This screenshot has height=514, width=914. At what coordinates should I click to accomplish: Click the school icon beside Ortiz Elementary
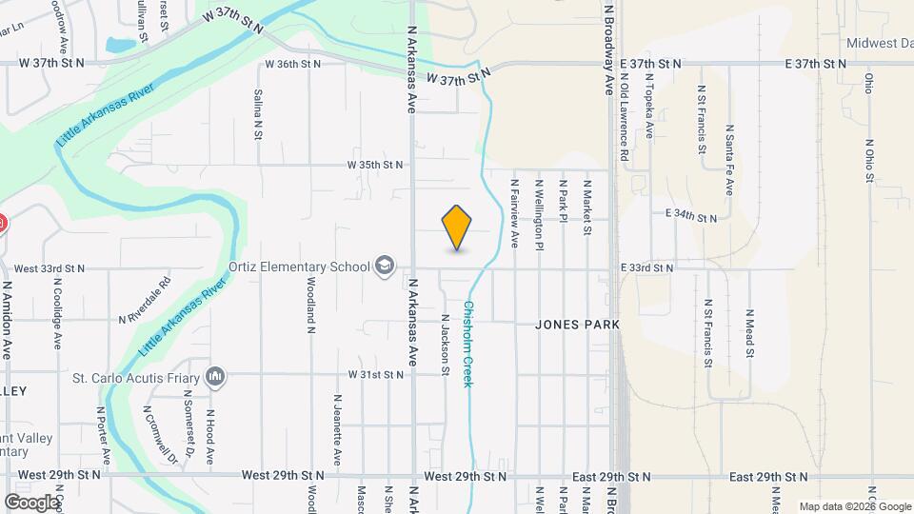coord(385,266)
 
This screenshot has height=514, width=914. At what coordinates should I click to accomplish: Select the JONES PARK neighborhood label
coord(577,325)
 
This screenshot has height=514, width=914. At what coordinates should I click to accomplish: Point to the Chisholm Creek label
coord(468,344)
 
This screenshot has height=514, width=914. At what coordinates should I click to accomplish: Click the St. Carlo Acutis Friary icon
coord(218,378)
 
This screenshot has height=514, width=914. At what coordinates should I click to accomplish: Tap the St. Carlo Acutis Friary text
coord(138,378)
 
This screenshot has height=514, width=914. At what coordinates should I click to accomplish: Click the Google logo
coord(31,502)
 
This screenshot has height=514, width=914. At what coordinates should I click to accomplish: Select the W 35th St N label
coord(375,165)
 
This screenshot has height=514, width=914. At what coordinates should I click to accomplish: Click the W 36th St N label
coord(293,64)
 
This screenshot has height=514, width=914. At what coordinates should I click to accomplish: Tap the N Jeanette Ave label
coord(337,429)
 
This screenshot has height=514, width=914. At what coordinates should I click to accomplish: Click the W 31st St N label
coord(375,375)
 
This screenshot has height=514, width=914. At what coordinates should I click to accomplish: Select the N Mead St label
coord(749,333)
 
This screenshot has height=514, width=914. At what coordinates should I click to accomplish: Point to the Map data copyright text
coord(853,506)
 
